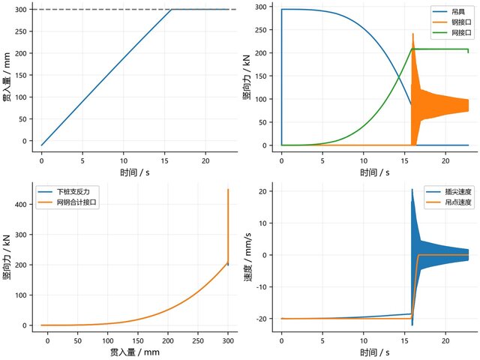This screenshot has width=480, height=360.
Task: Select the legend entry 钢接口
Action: pyautogui.click(x=451, y=22)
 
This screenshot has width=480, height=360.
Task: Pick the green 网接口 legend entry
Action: pyautogui.click(x=451, y=32)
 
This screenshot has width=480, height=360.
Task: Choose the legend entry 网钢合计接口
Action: pyautogui.click(x=67, y=202)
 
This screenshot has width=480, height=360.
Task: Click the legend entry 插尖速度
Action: pyautogui.click(x=448, y=192)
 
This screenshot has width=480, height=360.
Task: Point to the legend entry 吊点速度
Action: pyautogui.click(x=448, y=202)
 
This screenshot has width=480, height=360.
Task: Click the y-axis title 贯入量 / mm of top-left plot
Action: pyautogui.click(x=7, y=76)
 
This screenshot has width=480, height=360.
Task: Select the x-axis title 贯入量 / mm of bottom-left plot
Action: pyautogui.click(x=135, y=352)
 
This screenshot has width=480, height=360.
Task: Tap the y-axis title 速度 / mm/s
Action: pyautogui.click(x=247, y=257)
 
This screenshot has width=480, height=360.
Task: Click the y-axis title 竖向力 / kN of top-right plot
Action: pyautogui.click(x=247, y=77)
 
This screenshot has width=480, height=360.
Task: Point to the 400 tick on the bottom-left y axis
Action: pyautogui.click(x=20, y=204)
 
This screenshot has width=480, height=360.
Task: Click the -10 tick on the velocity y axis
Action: pyautogui.click(x=262, y=286)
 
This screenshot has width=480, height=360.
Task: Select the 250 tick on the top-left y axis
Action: pyautogui.click(x=21, y=31)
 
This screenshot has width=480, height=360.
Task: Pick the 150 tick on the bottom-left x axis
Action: pyautogui.click(x=138, y=340)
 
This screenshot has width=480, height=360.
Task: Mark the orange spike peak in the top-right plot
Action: pyautogui.click(x=413, y=33)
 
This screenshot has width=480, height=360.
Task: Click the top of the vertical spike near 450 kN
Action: pyautogui.click(x=228, y=190)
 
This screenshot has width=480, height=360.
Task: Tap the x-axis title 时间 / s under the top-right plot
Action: pyautogui.click(x=375, y=172)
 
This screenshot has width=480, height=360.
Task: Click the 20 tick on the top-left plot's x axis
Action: pyautogui.click(x=205, y=160)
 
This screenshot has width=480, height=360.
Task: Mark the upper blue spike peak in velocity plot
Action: pyautogui.click(x=412, y=189)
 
